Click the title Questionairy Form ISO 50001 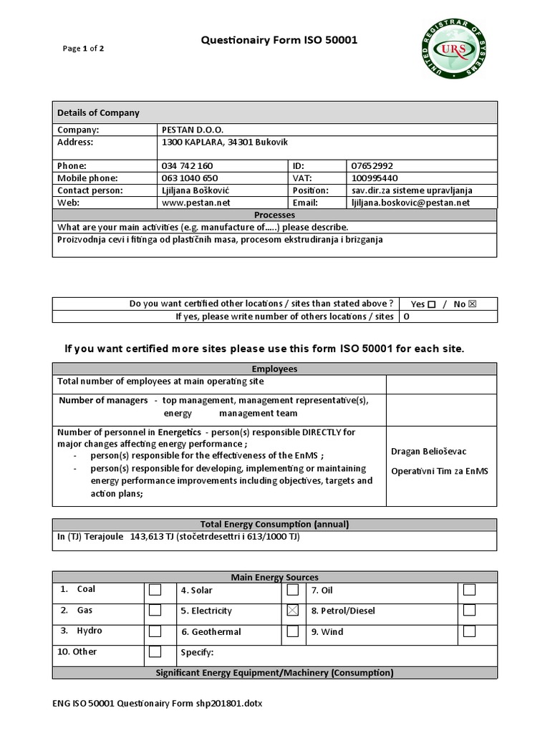278,41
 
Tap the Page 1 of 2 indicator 83,49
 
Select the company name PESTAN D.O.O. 193,130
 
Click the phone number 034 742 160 188,166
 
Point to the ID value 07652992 372,166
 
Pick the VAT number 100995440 375,178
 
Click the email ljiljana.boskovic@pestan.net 410,203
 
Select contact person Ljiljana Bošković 196,190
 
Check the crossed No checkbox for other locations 472,304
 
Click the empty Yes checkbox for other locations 431,304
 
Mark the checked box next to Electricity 293,611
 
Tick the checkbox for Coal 155,590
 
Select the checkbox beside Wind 469,631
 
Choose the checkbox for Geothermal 293,631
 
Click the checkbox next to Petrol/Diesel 469,611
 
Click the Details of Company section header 99,112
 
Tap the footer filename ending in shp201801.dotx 158,704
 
